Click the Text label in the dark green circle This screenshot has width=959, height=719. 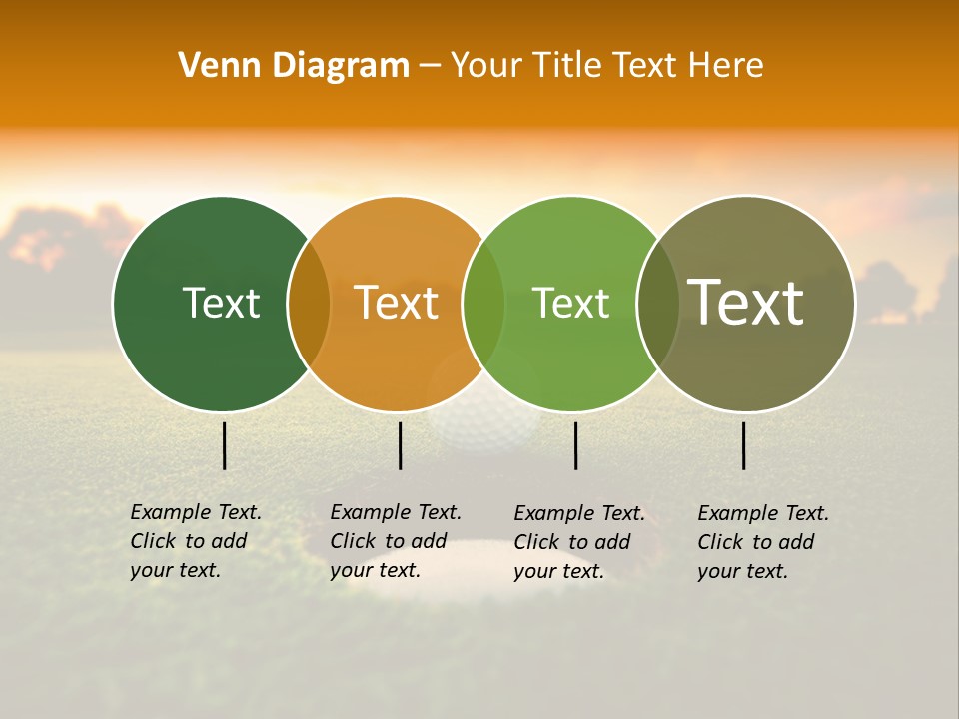[221, 303]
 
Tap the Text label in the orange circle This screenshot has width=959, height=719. [397, 303]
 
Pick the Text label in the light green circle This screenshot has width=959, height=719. [570, 303]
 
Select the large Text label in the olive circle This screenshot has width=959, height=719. [746, 303]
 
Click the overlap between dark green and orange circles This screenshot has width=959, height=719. [309, 304]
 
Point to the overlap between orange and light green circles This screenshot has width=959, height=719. [483, 304]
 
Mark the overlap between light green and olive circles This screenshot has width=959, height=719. [657, 304]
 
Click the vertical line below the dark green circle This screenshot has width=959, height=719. [225, 445]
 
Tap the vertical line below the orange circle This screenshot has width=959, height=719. [400, 445]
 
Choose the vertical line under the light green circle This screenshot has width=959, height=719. [576, 445]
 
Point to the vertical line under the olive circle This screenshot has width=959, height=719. [744, 445]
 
